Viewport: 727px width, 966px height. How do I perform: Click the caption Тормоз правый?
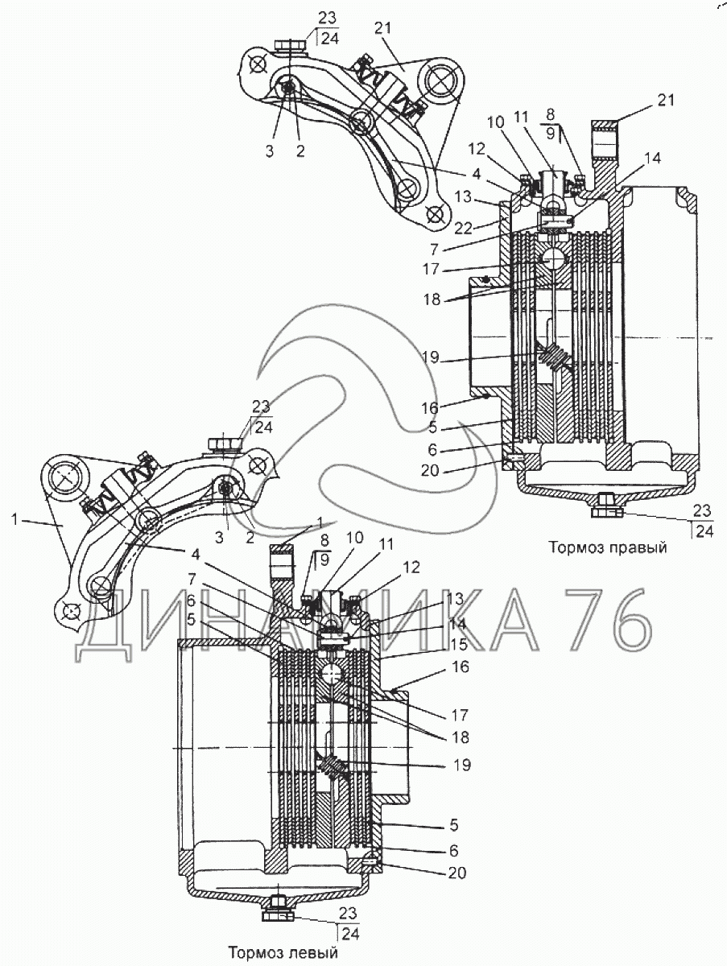pos(607,547)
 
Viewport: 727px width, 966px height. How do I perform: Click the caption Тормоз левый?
pos(283,953)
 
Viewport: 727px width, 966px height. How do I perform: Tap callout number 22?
pos(464,229)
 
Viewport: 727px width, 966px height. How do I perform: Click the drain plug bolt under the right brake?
pos(607,506)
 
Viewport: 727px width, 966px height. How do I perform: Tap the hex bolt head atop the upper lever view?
pos(291,45)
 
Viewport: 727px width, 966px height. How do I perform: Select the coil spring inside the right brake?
pos(553,357)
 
